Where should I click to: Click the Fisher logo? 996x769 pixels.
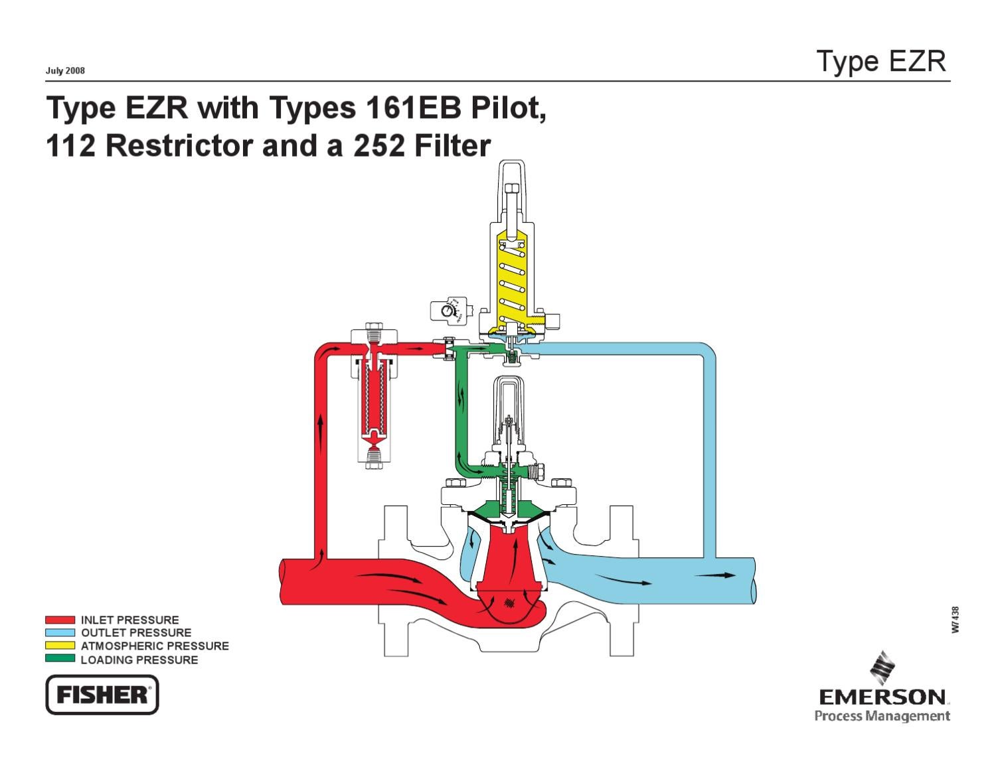click(102, 695)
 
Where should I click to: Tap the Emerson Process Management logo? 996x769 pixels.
click(883, 690)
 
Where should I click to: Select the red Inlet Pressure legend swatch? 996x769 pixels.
click(60, 620)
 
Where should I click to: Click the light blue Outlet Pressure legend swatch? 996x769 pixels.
click(60, 633)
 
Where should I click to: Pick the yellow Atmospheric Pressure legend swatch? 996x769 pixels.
click(60, 646)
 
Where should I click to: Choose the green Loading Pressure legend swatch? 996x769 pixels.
click(60, 659)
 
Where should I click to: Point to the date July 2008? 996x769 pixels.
click(65, 71)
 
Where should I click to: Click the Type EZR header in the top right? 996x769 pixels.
click(881, 61)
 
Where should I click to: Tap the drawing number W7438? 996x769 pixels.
click(955, 620)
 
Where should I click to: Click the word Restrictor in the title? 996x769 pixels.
click(179, 146)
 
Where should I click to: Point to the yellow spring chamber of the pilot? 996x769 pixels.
click(511, 279)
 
